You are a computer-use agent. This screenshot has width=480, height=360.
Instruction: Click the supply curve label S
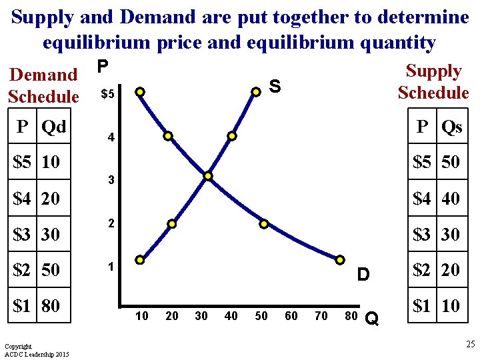point(275,85)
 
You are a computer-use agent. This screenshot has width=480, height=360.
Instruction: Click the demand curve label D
point(363,274)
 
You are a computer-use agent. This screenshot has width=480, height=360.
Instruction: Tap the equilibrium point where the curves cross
point(208,177)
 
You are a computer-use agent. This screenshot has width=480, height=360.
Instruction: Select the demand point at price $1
point(340,259)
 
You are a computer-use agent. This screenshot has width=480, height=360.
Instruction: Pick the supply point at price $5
point(255,91)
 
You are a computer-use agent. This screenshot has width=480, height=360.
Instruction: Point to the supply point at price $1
point(139,259)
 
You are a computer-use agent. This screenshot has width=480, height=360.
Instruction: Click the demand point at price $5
point(139,91)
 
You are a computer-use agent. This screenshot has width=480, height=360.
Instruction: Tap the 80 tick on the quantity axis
point(351,316)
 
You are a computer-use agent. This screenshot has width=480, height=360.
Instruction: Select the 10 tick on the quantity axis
point(141,316)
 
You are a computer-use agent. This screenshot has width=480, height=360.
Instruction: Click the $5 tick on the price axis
point(107,95)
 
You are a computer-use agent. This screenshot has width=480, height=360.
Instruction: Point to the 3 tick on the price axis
point(111,181)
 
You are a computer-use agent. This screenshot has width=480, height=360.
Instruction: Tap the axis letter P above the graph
point(102,67)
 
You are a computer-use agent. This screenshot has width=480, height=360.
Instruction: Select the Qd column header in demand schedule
point(53,126)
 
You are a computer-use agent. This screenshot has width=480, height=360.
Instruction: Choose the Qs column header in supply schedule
point(451,127)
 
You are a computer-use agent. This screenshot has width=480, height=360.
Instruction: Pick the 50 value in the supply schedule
point(451,162)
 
